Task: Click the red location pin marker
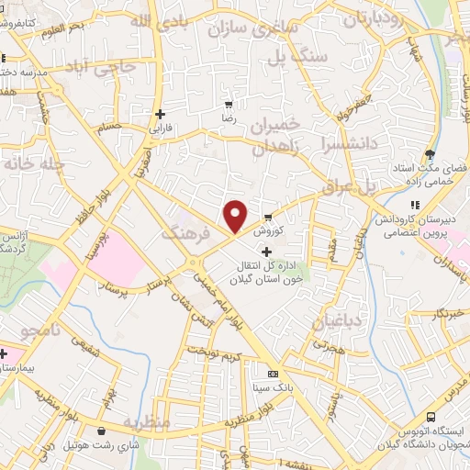click(235, 215)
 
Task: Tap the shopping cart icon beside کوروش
click(267, 218)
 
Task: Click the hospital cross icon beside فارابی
click(161, 115)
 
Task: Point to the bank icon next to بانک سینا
click(272, 374)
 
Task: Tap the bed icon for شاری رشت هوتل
click(100, 430)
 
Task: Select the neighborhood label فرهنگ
click(181, 234)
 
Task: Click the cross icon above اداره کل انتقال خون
click(266, 252)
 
